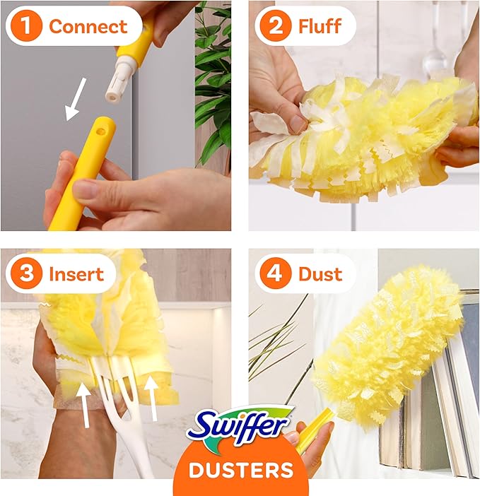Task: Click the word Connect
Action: [88, 27]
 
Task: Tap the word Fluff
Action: [320, 27]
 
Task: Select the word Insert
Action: [77, 273]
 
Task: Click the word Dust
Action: [320, 273]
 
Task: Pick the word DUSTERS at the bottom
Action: [240, 469]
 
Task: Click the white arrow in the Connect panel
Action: [76, 98]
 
